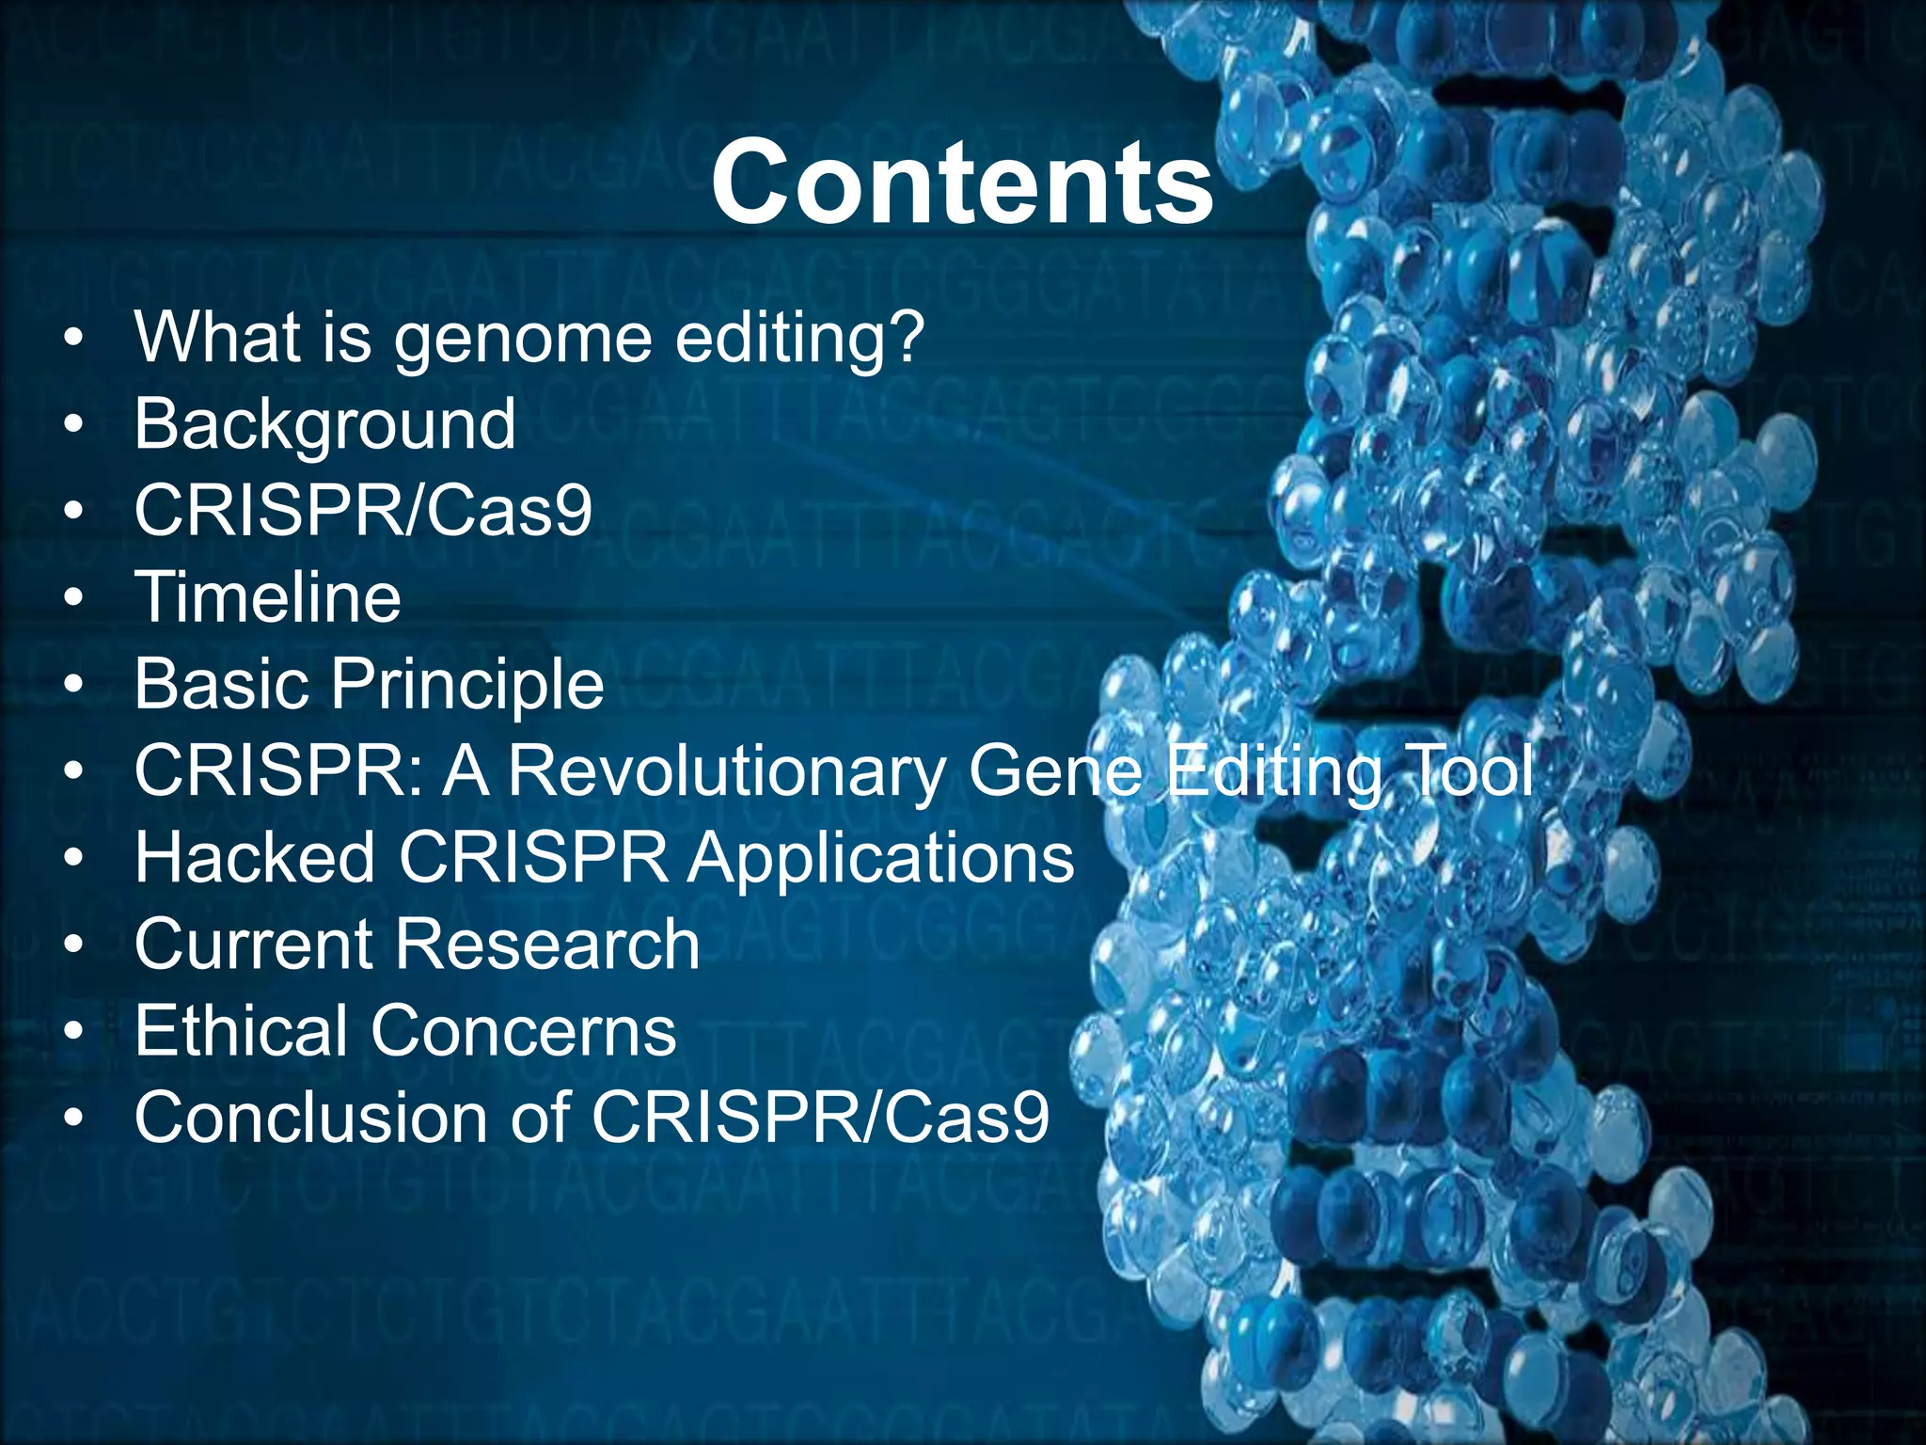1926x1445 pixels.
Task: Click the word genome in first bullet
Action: (x=523, y=341)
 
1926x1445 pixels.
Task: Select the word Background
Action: (x=324, y=425)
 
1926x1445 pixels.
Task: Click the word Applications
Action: (x=880, y=859)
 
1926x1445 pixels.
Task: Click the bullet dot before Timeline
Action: (x=74, y=598)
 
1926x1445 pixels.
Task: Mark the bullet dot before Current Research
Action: (x=74, y=945)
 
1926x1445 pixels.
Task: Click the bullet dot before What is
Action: (x=74, y=339)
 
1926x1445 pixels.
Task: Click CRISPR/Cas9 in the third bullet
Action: (x=363, y=512)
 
